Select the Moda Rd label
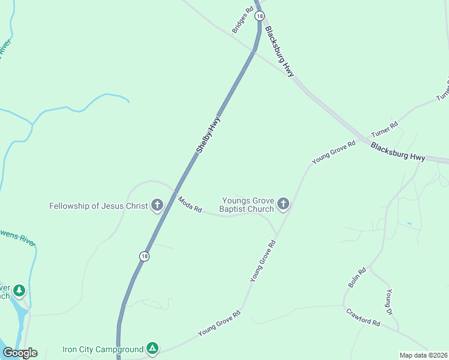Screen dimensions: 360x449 (189, 204)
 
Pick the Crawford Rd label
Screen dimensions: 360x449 (363, 317)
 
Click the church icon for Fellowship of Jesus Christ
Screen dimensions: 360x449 (157, 206)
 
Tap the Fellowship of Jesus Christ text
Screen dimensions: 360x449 (98, 206)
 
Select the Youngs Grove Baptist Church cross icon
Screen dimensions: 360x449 (283, 205)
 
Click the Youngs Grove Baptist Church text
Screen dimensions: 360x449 (247, 205)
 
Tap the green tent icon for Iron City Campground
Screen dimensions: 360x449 (153, 348)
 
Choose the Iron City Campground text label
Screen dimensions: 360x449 (103, 349)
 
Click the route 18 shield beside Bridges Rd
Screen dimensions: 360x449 (258, 16)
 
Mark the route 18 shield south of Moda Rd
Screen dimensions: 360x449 (144, 256)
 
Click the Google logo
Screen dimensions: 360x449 (20, 353)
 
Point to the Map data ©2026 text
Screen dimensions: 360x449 (423, 355)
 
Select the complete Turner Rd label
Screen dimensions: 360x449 (384, 130)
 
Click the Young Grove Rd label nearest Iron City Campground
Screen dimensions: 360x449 (219, 322)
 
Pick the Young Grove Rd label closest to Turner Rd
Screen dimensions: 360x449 (334, 152)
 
